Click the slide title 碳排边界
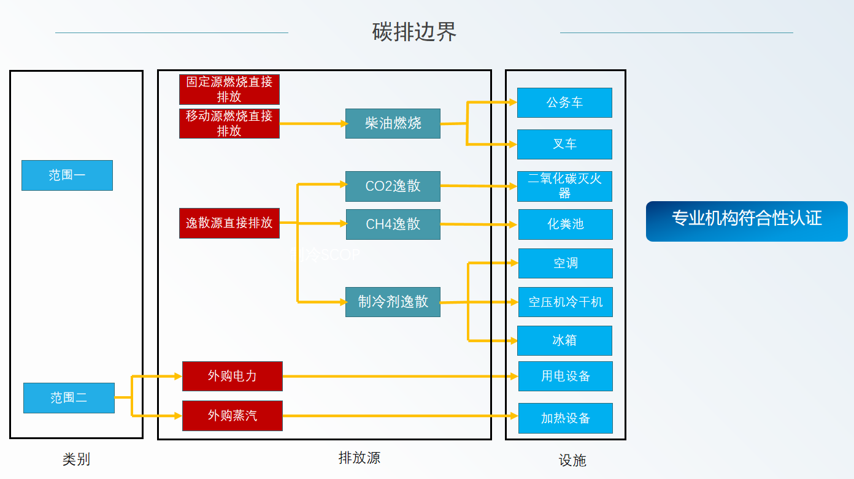tap(414, 32)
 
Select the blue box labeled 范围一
tap(67, 175)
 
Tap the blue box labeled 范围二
tap(69, 398)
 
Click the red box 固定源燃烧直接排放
tap(229, 90)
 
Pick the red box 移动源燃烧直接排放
tap(229, 123)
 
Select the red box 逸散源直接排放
tap(229, 223)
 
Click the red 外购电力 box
tap(232, 376)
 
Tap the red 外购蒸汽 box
tap(232, 416)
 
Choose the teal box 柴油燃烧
tap(393, 123)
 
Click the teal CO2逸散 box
tap(393, 186)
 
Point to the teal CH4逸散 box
tap(393, 224)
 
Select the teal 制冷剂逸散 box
tap(393, 302)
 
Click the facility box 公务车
tap(564, 102)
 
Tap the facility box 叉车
tap(564, 144)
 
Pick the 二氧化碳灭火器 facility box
tap(564, 186)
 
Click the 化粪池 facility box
tap(565, 224)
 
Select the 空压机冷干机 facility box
tap(565, 302)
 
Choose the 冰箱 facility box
tap(564, 340)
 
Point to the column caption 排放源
tap(360, 458)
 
